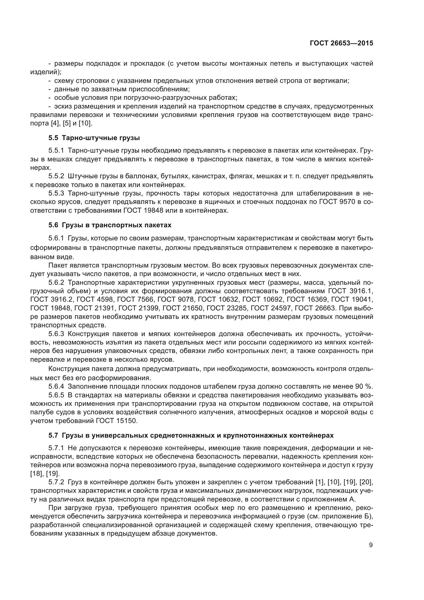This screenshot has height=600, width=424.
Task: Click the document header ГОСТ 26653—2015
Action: (x=341, y=43)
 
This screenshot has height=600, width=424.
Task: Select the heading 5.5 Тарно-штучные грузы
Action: (x=94, y=138)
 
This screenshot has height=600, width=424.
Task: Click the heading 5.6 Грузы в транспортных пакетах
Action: (x=110, y=225)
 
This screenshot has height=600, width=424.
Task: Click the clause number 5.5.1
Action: (x=56, y=151)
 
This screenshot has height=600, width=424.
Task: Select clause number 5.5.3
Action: (x=56, y=193)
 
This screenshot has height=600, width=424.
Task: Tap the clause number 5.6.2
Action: (x=56, y=282)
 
